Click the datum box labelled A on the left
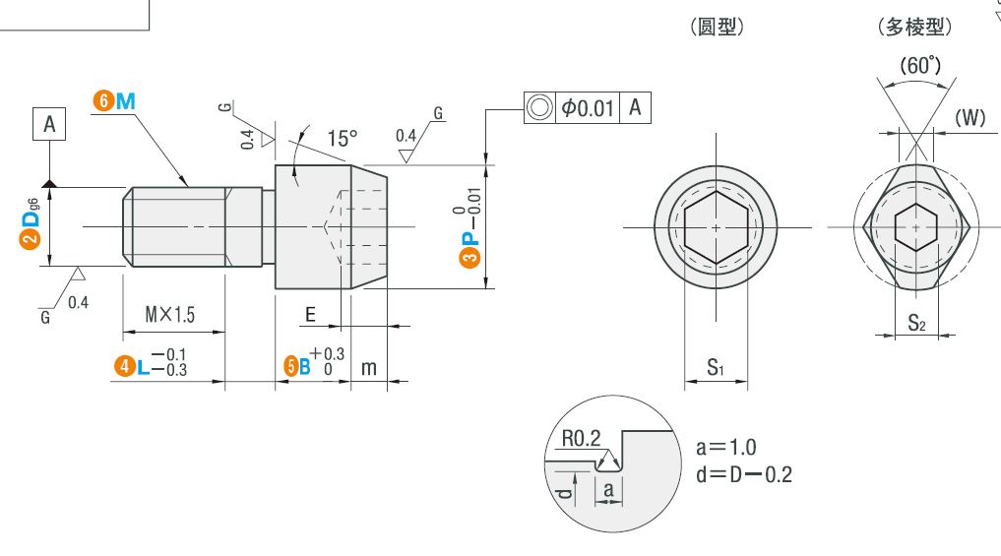[x=49, y=124]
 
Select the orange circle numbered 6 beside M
[x=103, y=100]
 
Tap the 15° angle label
[x=343, y=138]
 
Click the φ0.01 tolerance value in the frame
[x=588, y=107]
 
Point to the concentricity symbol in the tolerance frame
[x=539, y=107]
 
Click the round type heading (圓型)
[x=717, y=27]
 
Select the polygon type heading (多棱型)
[x=914, y=27]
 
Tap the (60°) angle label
[x=920, y=65]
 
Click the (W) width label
[x=970, y=117]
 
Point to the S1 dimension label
[x=716, y=367]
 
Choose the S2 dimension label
[x=916, y=323]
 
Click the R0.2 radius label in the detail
[x=581, y=438]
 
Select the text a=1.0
[x=725, y=447]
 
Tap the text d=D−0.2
[x=744, y=474]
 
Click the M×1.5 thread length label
[x=170, y=314]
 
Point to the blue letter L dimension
[x=143, y=366]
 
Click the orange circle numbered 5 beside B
[x=291, y=366]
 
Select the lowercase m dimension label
[x=369, y=368]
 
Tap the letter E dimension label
[x=310, y=314]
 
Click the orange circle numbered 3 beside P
[x=469, y=257]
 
